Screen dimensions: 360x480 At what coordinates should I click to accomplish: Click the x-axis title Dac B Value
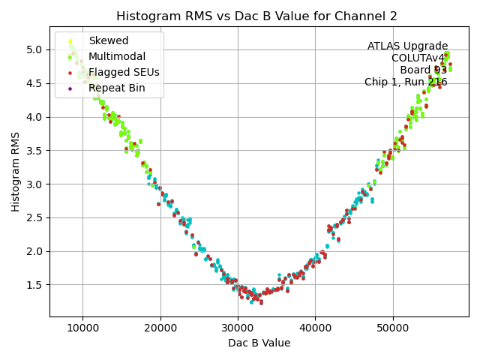[259, 343]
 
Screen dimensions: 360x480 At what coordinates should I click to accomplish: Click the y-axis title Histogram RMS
[16, 172]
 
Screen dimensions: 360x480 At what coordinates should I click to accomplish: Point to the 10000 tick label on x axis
[82, 328]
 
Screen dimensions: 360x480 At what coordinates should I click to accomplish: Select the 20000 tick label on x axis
[160, 328]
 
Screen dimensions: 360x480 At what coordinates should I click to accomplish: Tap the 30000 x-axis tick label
[238, 328]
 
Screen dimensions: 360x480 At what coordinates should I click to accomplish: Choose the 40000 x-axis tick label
[315, 328]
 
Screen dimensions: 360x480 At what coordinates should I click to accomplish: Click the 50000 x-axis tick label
[392, 328]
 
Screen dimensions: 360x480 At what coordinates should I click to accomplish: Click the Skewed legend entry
[108, 40]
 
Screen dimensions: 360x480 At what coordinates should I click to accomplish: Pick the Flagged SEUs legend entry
[124, 72]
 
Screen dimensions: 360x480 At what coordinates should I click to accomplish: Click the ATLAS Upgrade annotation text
[407, 46]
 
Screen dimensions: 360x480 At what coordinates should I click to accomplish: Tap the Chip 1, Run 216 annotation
[406, 82]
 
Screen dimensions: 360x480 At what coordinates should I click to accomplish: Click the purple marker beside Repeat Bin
[70, 88]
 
